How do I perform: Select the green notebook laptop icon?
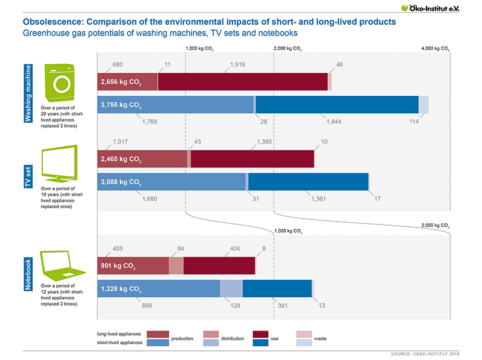tap(60, 263)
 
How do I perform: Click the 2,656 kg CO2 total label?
tap(121, 82)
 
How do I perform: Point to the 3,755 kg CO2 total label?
tap(121, 105)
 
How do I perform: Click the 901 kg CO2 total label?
tap(118, 267)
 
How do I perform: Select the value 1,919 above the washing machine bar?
tap(239, 64)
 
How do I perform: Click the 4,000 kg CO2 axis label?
tap(436, 49)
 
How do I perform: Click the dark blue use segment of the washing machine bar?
tap(337, 105)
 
